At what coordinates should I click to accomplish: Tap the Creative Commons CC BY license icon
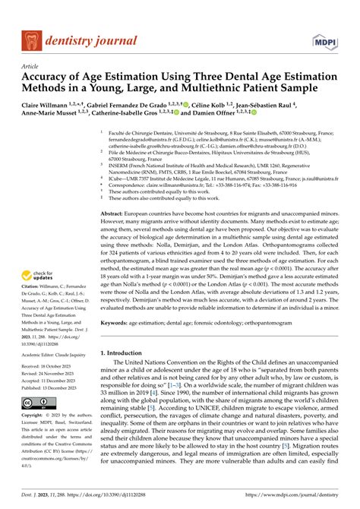click(35, 400)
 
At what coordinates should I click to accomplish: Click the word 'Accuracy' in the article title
click(50, 79)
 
